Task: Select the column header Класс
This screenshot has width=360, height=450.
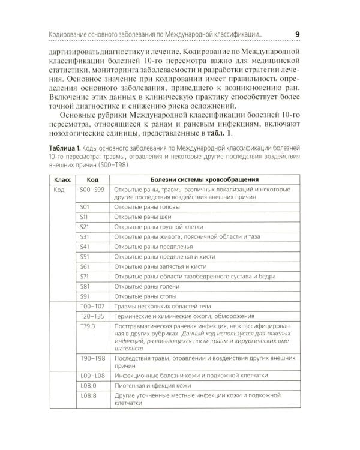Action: coord(64,179)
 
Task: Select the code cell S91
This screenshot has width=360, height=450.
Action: coord(85,296)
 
